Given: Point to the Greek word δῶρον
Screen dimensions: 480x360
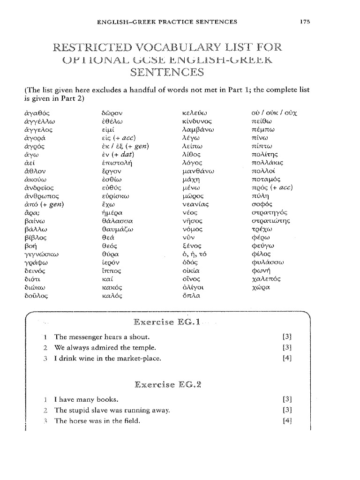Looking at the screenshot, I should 112,113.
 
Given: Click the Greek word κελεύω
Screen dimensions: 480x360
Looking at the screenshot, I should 194,113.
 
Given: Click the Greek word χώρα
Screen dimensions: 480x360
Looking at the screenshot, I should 261,285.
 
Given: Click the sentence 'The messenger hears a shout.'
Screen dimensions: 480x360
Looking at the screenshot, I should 102,337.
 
